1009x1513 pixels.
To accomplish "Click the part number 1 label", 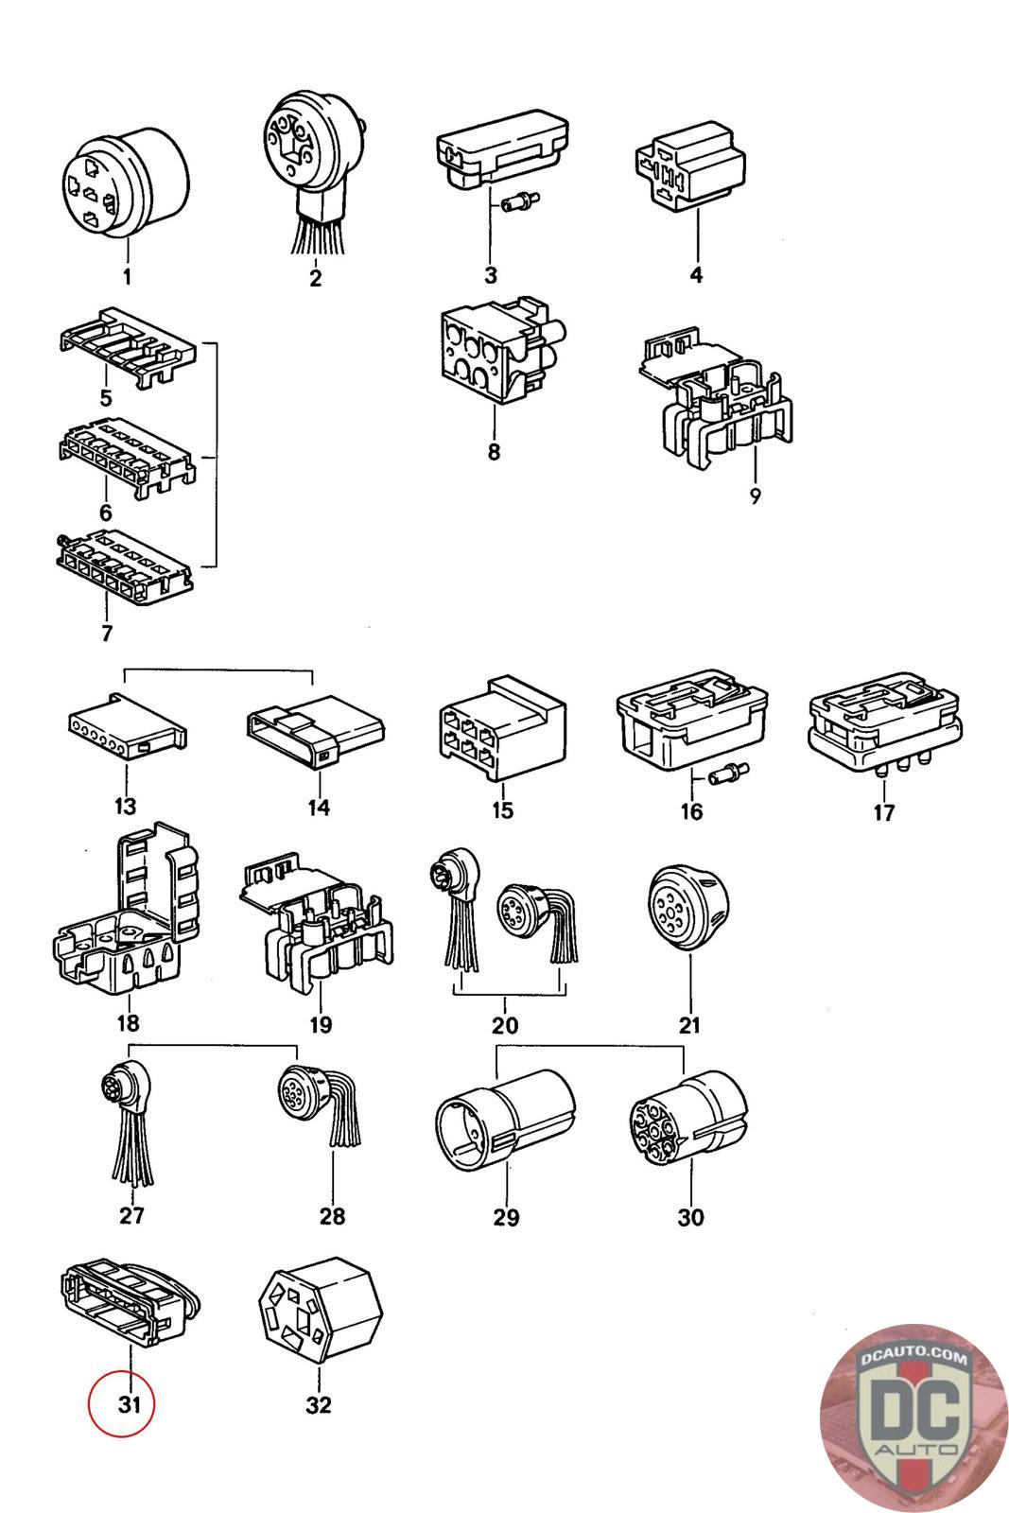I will (x=127, y=277).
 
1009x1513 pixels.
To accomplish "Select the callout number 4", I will (x=696, y=275).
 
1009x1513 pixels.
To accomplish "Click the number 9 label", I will (x=755, y=496).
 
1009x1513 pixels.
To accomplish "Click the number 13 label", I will (x=125, y=807).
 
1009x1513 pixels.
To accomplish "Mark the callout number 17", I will (x=883, y=812).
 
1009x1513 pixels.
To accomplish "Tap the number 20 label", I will (x=505, y=1025).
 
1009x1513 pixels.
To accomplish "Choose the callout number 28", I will (x=332, y=1215).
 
